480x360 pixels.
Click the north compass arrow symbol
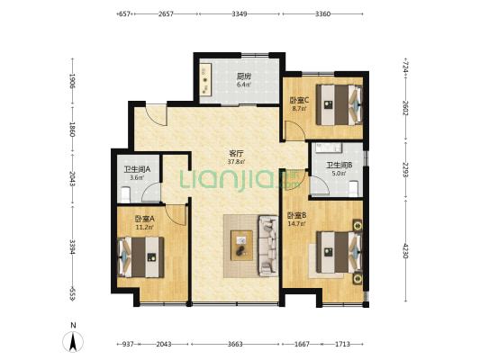point(73,341)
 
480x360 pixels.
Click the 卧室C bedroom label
point(299,100)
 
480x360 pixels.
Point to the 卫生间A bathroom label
point(137,169)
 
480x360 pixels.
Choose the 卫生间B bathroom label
point(339,166)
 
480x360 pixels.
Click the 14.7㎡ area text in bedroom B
point(296,223)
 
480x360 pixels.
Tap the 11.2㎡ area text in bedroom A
point(144,227)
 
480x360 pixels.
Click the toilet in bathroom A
point(125,194)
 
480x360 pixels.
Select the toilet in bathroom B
point(354,188)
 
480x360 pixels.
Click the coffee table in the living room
point(242,246)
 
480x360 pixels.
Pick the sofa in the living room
point(268,246)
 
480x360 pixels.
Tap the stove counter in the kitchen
point(205,79)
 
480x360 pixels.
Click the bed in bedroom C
point(339,105)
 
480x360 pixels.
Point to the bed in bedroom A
point(140,257)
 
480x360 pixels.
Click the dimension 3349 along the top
point(240,13)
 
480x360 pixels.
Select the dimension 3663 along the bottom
point(235,344)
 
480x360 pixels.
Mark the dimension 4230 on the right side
point(405,251)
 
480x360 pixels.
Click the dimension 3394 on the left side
point(73,247)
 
